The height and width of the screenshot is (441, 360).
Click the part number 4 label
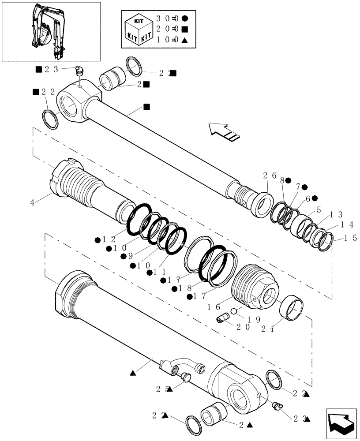pos(32,202)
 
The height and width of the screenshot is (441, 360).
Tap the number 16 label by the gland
pos(214,306)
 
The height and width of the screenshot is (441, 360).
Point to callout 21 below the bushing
pos(267,328)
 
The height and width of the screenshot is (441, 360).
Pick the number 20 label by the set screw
pos(243,327)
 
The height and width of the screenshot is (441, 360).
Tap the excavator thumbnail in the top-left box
pos(46,32)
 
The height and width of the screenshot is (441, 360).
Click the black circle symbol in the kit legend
pos(185,19)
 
